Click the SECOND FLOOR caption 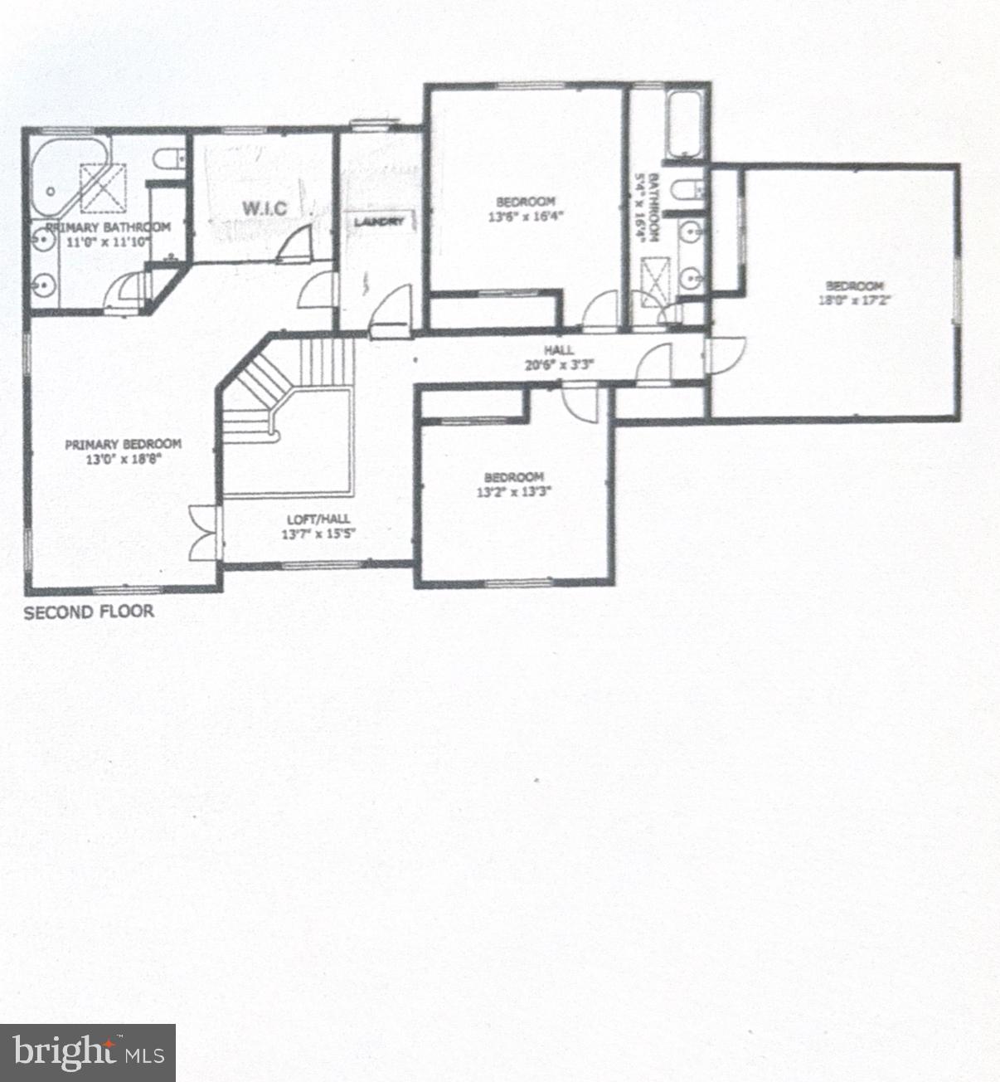(89, 612)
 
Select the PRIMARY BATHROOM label (108, 227)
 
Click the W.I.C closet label (265, 207)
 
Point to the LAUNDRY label (380, 222)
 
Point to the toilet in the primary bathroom (169, 161)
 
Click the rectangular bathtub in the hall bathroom (685, 124)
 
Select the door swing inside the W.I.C (295, 243)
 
